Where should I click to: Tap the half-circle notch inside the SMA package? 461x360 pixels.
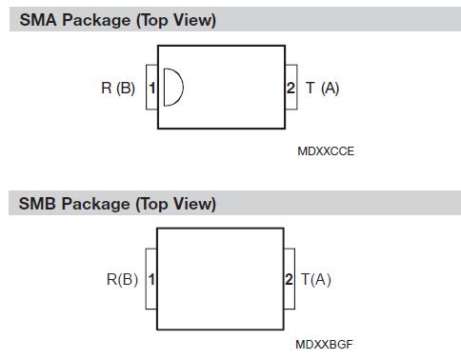click(172, 89)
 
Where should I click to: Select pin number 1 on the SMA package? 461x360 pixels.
click(151, 89)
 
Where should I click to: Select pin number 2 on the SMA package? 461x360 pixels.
click(291, 89)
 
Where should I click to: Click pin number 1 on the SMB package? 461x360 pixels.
click(151, 280)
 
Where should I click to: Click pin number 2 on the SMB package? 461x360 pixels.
click(290, 280)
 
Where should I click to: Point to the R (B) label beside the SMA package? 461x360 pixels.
click(118, 89)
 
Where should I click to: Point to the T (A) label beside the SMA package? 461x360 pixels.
click(323, 89)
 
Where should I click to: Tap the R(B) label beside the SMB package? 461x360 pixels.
click(122, 280)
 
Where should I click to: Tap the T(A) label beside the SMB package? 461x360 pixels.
click(316, 280)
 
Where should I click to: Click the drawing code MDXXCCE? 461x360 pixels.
click(326, 150)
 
